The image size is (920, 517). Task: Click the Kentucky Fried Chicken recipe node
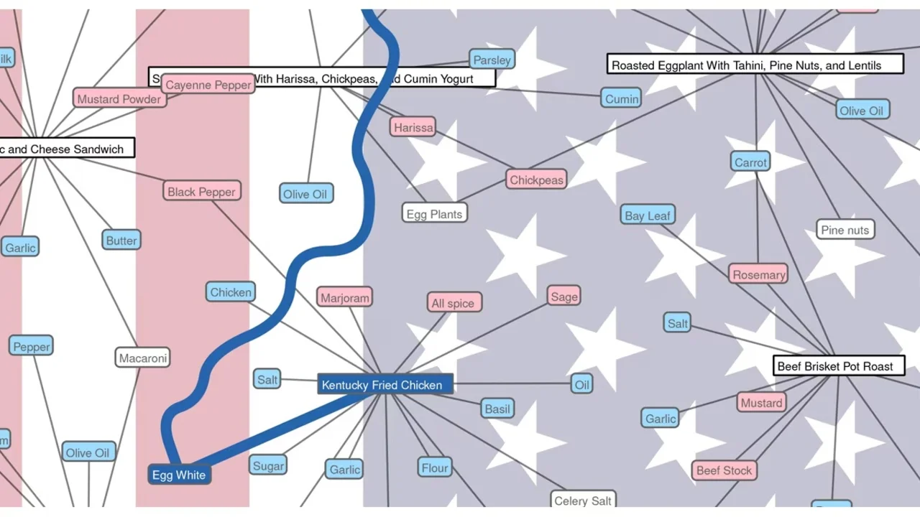point(385,385)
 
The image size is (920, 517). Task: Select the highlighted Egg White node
point(179,475)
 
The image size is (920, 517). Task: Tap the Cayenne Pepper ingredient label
point(208,85)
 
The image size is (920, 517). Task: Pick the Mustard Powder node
point(119,99)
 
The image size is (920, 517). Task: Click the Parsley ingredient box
point(492,60)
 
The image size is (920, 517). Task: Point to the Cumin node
point(622,98)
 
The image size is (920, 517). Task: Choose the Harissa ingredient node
point(414,127)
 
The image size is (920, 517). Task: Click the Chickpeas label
point(536,180)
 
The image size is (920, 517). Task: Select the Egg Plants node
point(434,213)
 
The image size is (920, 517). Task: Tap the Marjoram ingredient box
point(345,297)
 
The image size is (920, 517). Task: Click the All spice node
point(453,303)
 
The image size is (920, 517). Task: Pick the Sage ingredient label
point(564,297)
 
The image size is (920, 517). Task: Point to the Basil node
point(497,409)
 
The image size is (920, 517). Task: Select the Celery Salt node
point(583,500)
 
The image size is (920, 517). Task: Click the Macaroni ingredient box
point(143,358)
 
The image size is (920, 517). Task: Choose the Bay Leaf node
point(648,215)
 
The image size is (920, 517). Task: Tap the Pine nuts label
point(845,230)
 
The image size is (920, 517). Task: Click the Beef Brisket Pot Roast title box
point(835,366)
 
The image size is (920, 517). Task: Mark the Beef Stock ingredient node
point(724,470)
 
